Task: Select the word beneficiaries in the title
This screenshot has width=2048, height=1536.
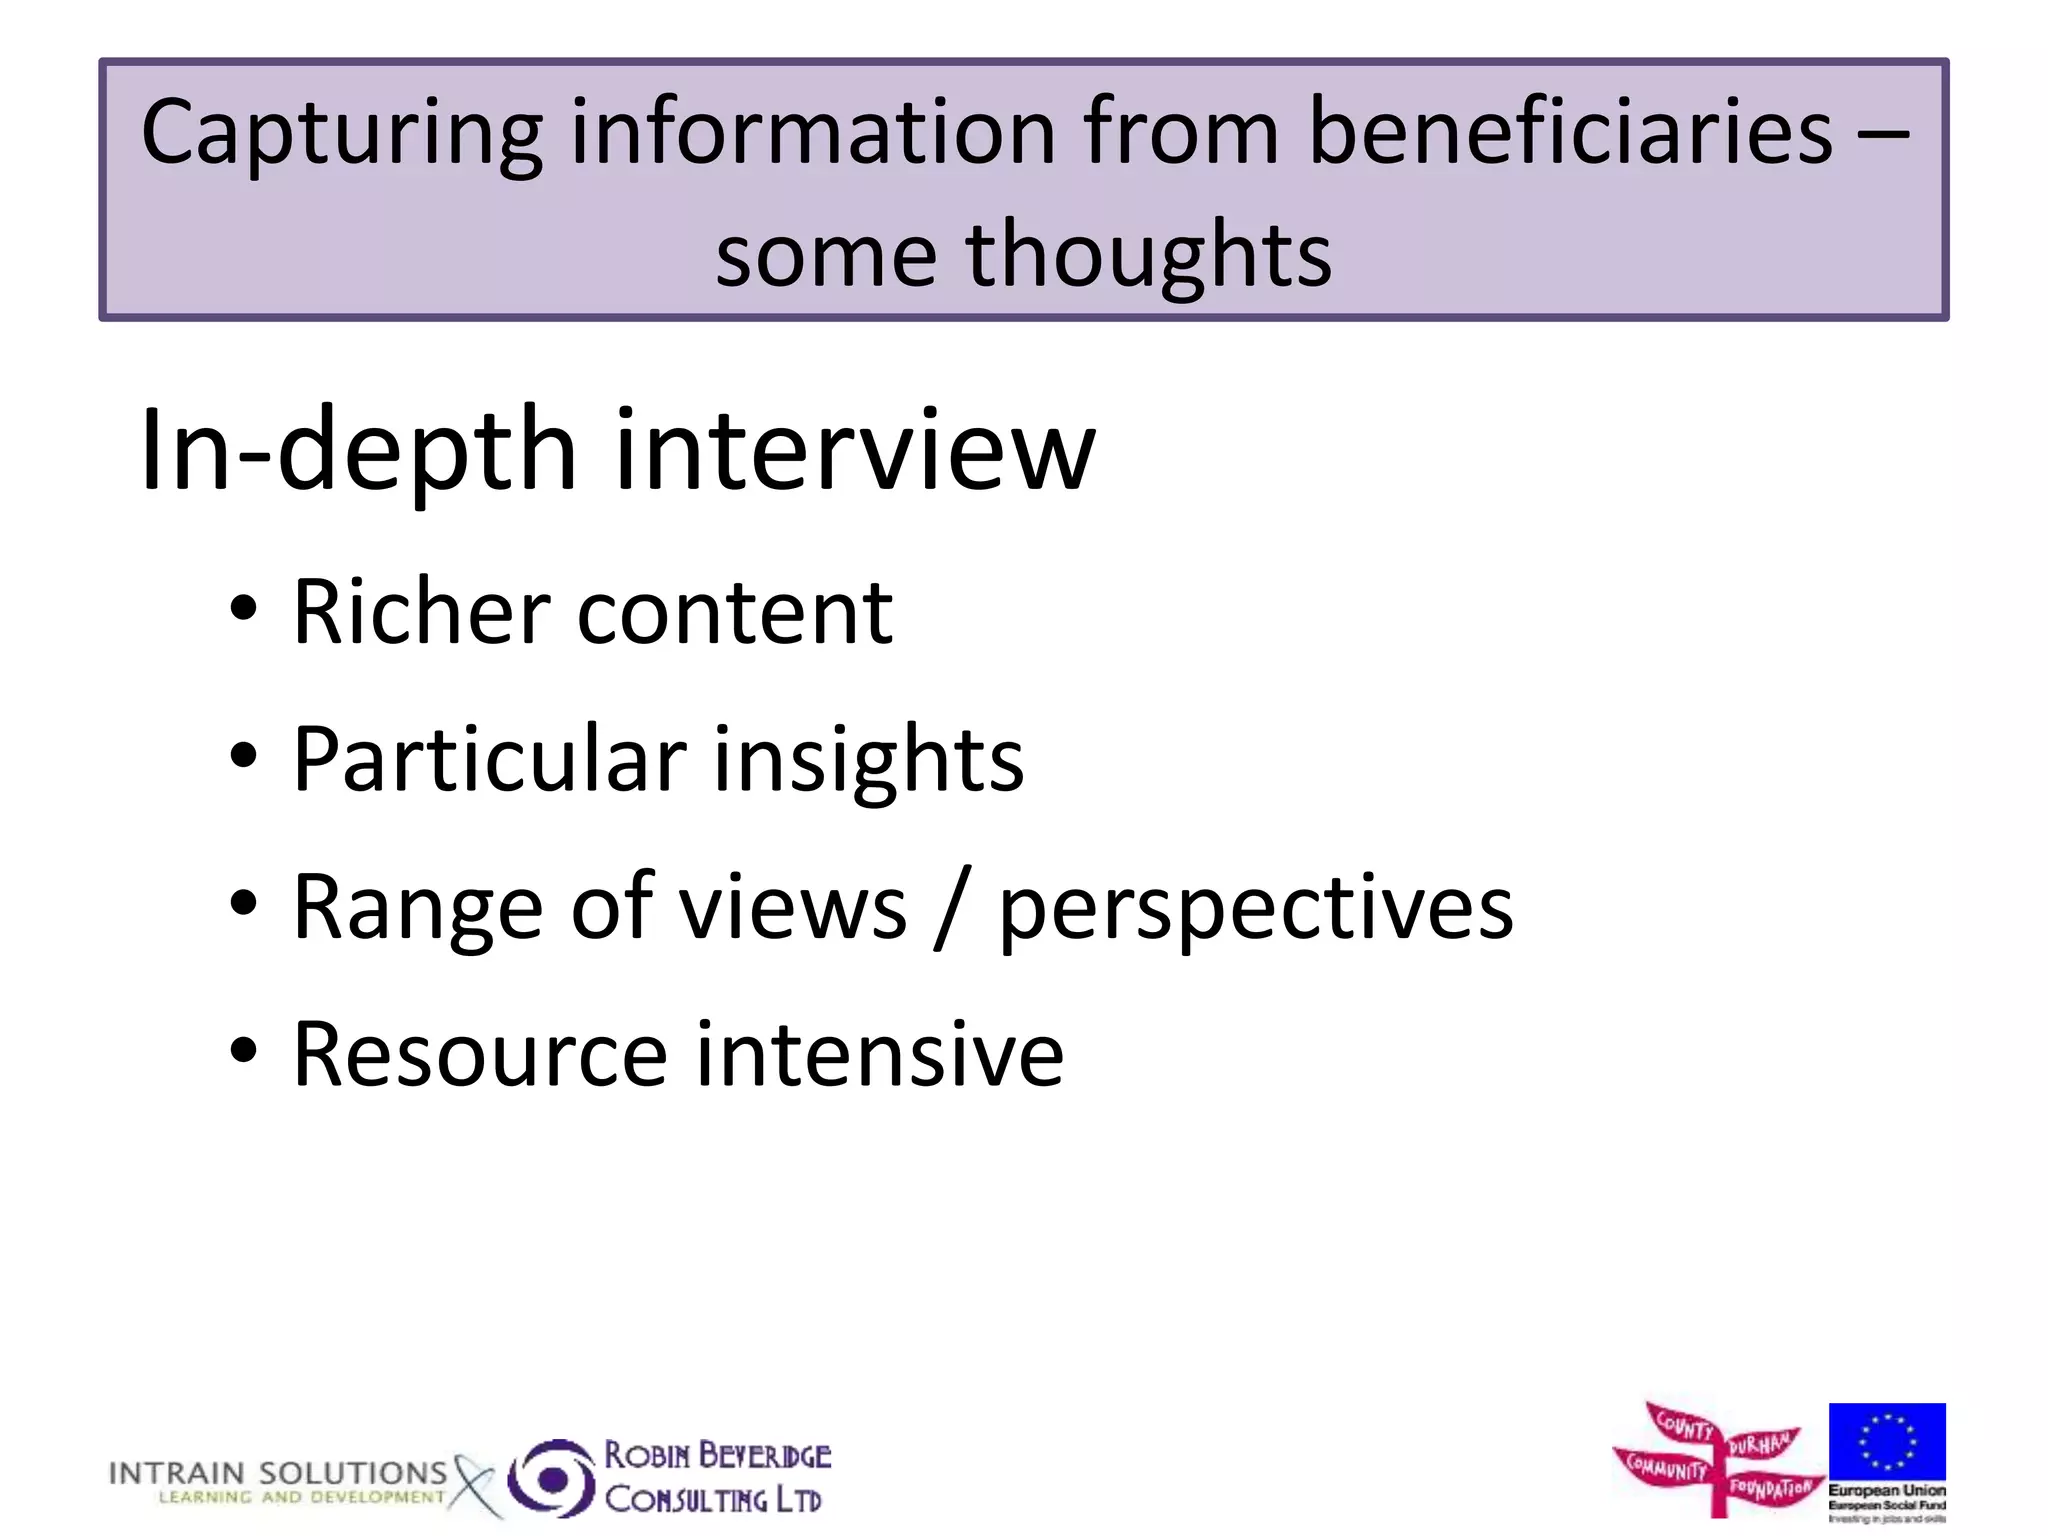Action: click(1570, 132)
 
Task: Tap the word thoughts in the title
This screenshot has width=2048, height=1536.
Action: click(1148, 256)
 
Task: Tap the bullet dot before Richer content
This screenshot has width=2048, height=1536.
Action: click(243, 609)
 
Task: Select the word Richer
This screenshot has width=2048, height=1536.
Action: click(421, 611)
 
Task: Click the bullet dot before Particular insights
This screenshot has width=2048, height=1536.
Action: click(243, 757)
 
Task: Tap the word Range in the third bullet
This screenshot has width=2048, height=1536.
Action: click(418, 908)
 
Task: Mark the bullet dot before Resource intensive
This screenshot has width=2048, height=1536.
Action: click(243, 1052)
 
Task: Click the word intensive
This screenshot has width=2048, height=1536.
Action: click(879, 1054)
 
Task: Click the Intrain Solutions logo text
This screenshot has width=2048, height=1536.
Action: click(278, 1481)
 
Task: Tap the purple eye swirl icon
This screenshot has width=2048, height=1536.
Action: click(551, 1478)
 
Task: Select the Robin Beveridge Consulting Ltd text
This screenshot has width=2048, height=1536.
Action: click(717, 1477)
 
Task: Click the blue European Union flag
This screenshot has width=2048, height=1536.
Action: click(1886, 1441)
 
